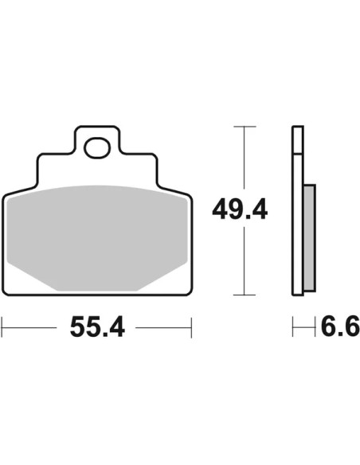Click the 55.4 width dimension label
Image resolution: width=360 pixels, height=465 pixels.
click(x=97, y=327)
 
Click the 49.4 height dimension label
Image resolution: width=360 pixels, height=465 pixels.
click(x=240, y=210)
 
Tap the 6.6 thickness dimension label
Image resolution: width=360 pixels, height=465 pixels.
click(x=340, y=326)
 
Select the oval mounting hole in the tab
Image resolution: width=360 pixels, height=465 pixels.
click(x=97, y=147)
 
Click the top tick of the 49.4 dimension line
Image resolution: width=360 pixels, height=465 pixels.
click(x=245, y=127)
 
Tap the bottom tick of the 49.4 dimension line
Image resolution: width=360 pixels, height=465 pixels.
click(x=245, y=295)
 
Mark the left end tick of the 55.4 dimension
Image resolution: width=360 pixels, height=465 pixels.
click(x=2, y=327)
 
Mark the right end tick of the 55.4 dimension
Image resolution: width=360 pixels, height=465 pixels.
click(x=192, y=327)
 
